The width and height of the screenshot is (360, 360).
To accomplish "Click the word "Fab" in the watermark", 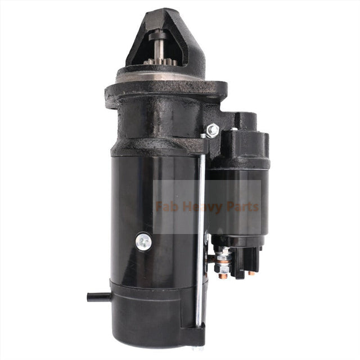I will [x=168, y=207].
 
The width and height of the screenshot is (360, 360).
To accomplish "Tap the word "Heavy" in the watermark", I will [x=199, y=207].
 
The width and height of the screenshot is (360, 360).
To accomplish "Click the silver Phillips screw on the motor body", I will [x=144, y=242].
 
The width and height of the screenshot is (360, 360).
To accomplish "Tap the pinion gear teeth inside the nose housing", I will [x=156, y=58].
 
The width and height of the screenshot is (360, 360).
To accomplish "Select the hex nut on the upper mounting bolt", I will [x=213, y=130].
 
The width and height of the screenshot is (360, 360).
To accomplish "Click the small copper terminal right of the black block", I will [x=251, y=273].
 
